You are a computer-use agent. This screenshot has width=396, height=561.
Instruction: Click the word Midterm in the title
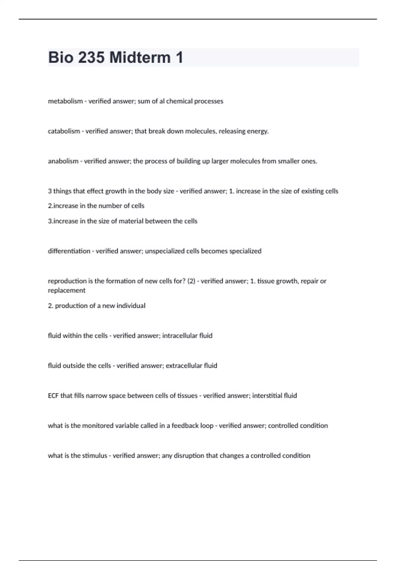[x=140, y=57]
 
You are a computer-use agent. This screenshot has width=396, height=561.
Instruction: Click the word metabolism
[x=65, y=101]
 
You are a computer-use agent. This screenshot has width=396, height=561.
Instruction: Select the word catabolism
[x=64, y=131]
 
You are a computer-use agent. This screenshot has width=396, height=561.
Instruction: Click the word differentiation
[x=69, y=251]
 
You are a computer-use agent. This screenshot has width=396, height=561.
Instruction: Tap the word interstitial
[x=266, y=396]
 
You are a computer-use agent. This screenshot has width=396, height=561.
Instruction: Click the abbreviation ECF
[x=53, y=396]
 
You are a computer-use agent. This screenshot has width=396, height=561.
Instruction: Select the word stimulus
[x=94, y=456]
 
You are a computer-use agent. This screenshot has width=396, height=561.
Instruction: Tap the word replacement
[x=67, y=290]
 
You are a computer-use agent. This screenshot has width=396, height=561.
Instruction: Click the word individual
[x=131, y=306]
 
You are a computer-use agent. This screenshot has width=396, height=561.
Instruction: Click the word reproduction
[x=67, y=281]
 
